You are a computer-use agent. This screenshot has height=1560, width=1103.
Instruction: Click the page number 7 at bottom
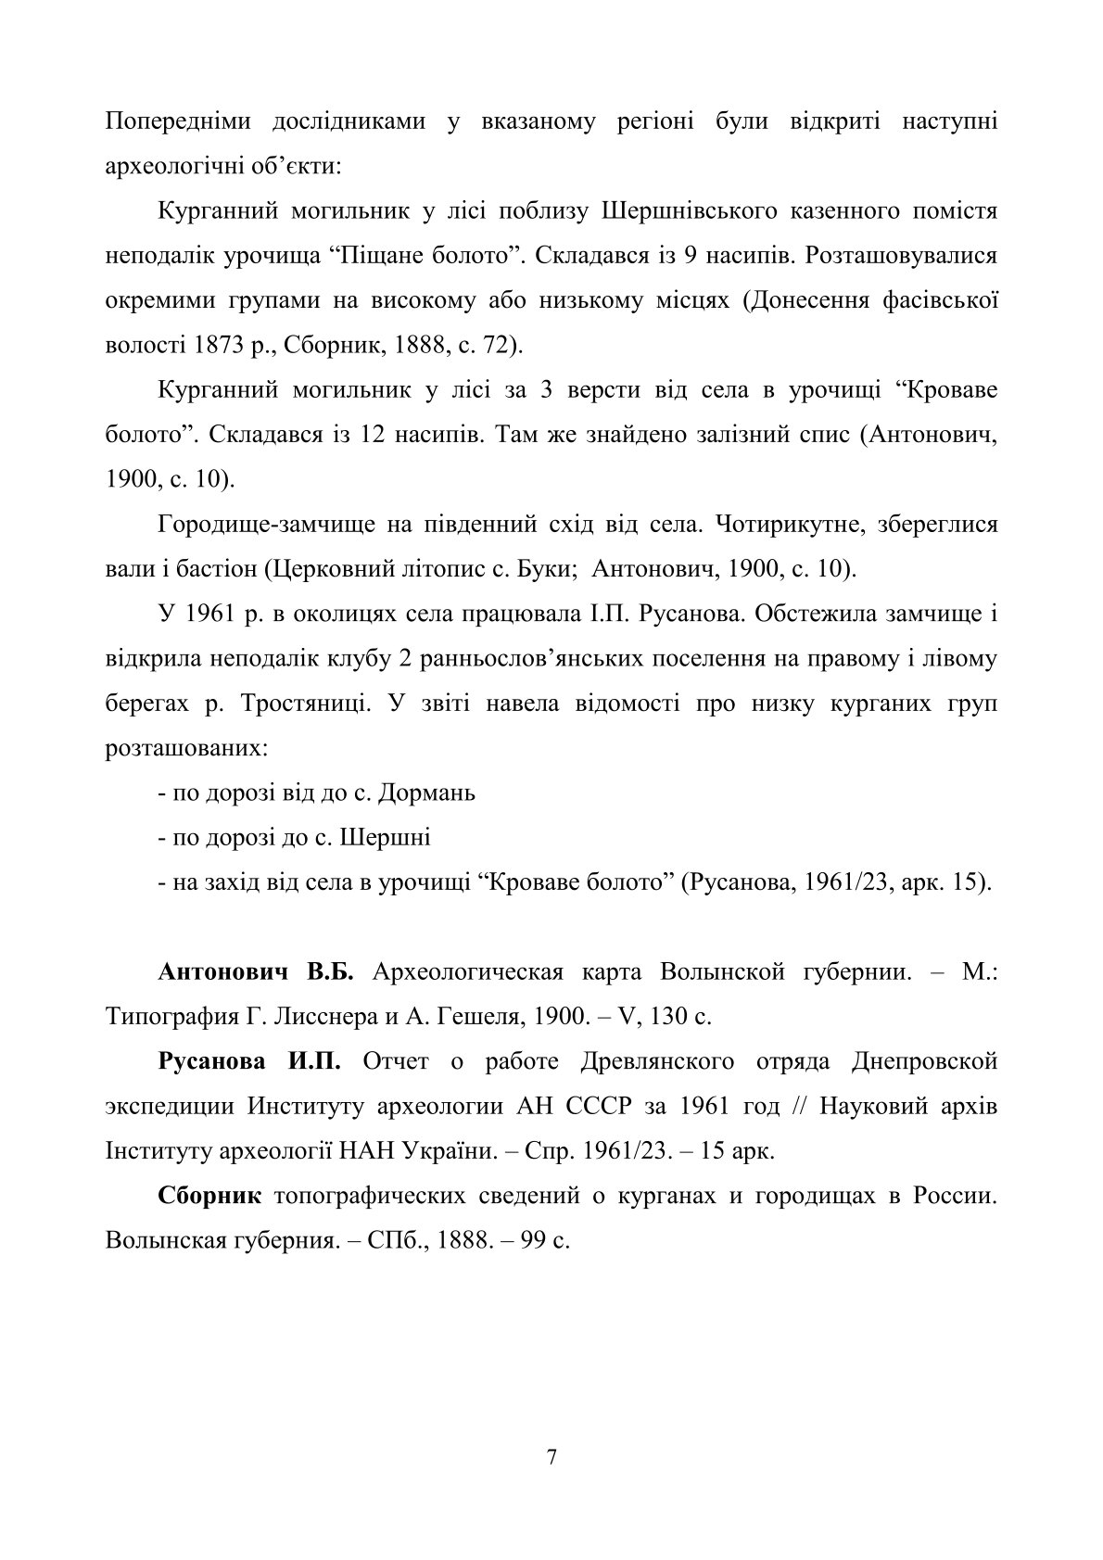552,1457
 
